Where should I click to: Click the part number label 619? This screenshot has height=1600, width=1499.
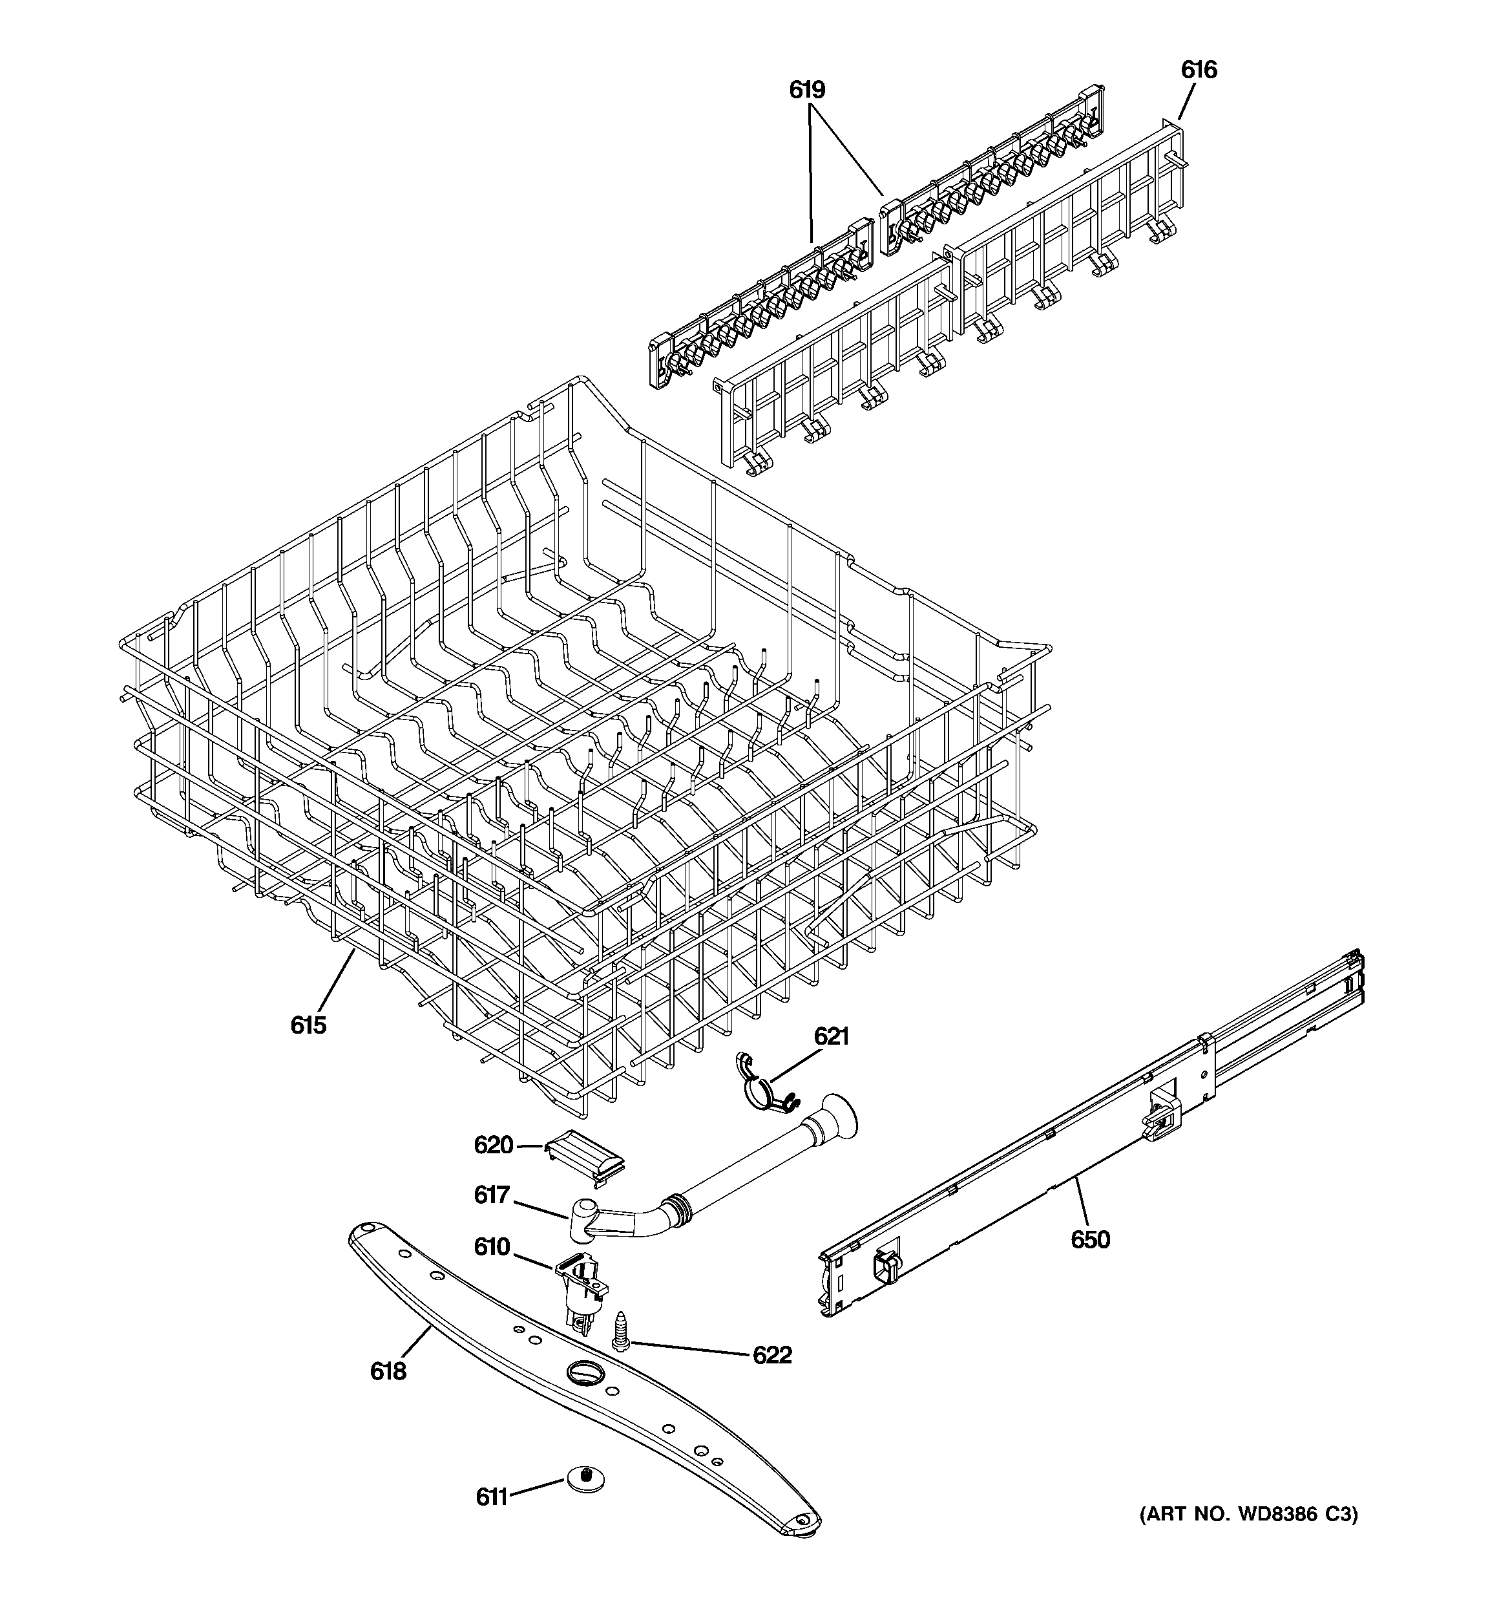pos(806,89)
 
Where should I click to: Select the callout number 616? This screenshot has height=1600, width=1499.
pos(1198,70)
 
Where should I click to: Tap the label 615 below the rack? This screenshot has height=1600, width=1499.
pos(308,1025)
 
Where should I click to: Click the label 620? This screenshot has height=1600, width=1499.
pos(493,1144)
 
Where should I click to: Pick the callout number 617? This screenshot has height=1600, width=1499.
pos(492,1195)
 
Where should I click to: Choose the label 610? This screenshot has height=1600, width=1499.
pos(492,1246)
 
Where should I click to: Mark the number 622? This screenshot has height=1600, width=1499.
pos(771,1356)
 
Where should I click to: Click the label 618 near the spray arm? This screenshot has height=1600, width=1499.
pos(388,1371)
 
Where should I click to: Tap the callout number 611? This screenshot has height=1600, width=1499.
pos(492,1497)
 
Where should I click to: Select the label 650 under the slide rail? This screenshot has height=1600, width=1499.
pos(1089,1239)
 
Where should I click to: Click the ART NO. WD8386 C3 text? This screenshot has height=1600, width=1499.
pos(1248,1515)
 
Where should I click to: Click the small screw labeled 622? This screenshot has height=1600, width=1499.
pos(621,1330)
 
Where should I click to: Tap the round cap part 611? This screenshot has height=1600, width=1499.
pos(585,1478)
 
